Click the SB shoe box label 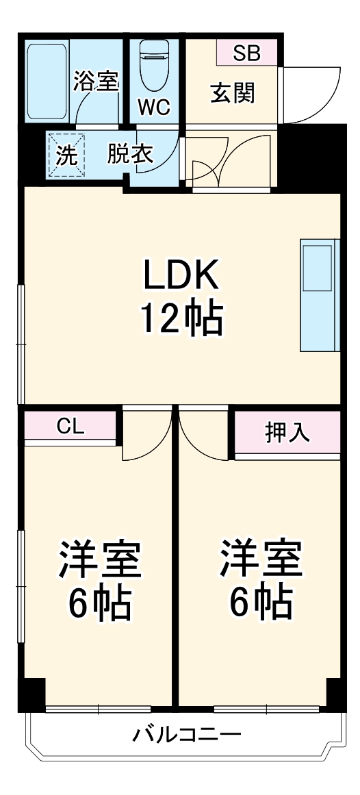[246, 53]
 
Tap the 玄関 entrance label [232, 93]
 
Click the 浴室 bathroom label [97, 82]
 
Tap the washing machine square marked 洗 [66, 155]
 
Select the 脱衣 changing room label [129, 155]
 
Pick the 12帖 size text [181, 319]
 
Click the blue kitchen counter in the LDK [319, 294]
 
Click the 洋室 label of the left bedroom [100, 559]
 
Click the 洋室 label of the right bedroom [261, 559]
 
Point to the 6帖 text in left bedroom [100, 603]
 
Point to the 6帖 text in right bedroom [261, 603]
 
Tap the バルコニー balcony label [186, 736]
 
